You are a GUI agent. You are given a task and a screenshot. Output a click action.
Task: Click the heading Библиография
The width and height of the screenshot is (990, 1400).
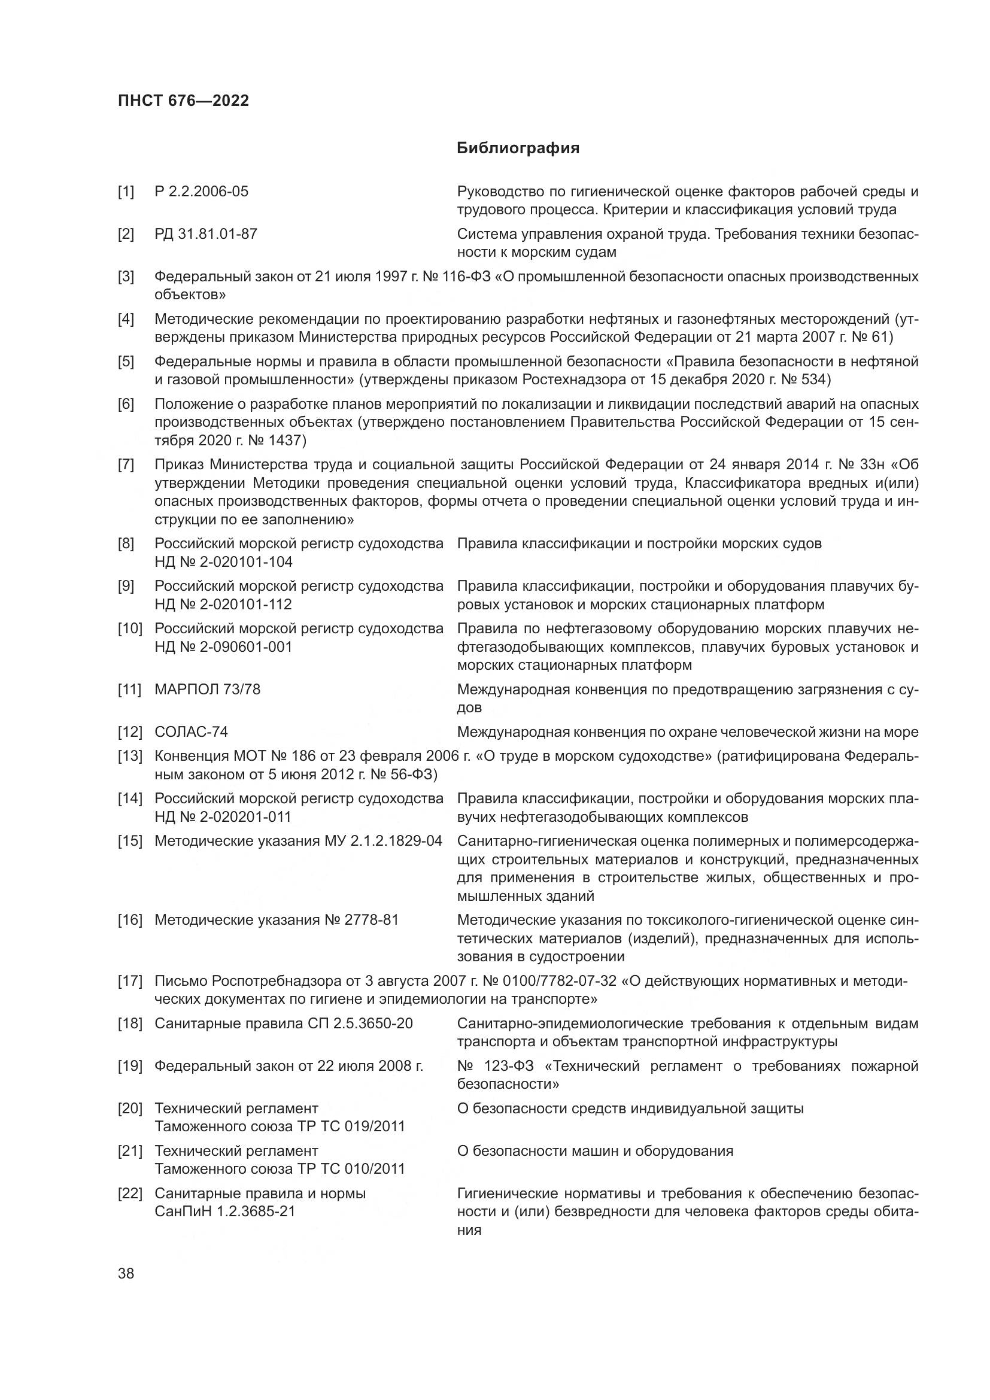(x=518, y=148)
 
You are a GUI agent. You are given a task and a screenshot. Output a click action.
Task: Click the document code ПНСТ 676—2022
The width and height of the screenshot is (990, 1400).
(x=184, y=101)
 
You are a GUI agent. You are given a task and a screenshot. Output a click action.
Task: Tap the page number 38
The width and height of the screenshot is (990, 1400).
(x=126, y=1273)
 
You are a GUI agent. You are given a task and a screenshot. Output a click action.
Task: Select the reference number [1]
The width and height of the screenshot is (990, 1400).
(x=126, y=192)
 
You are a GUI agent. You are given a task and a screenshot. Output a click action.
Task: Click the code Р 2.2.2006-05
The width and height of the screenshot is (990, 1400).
(x=201, y=192)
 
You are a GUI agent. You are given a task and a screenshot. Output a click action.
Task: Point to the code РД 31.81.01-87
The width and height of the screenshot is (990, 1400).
(x=205, y=234)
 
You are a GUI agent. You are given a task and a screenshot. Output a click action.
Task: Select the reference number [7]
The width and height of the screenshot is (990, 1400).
(x=126, y=464)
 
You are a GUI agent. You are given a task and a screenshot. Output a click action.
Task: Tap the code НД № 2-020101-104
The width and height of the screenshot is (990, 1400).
(x=223, y=561)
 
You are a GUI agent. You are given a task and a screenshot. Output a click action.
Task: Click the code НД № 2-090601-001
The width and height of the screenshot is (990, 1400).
(x=223, y=646)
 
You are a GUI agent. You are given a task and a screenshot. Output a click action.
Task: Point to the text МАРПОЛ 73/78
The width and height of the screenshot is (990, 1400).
(x=207, y=689)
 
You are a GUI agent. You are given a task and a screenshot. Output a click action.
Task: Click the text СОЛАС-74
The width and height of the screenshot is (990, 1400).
(x=191, y=731)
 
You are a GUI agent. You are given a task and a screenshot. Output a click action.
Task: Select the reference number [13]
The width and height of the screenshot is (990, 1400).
(x=129, y=756)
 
